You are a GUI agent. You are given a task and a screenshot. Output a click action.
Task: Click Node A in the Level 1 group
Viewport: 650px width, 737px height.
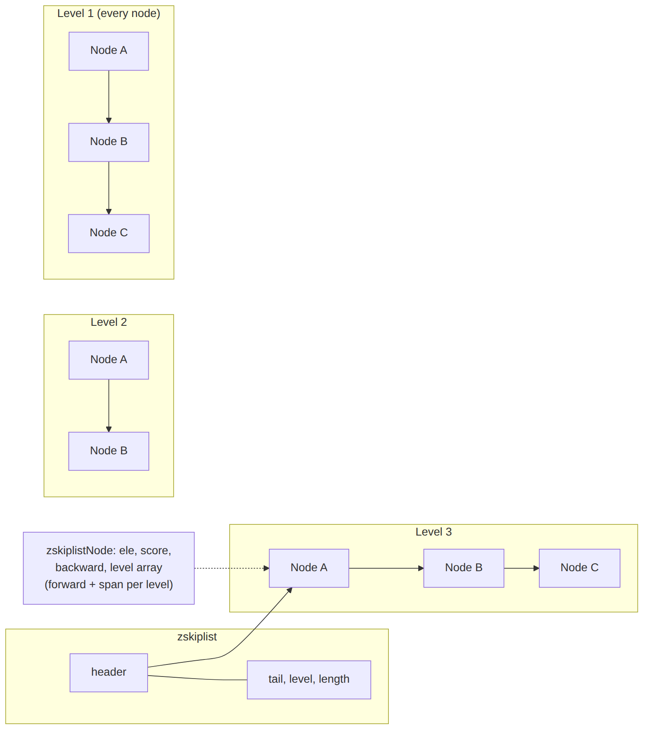tap(109, 51)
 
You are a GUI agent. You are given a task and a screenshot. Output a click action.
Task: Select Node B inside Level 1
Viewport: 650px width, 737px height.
tap(109, 142)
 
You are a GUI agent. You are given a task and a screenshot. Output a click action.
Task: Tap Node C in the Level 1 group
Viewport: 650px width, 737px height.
tap(109, 233)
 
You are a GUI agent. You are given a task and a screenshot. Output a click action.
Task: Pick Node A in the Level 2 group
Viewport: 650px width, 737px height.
tap(109, 360)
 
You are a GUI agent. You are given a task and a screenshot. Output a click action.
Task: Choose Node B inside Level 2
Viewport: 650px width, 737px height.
tap(109, 451)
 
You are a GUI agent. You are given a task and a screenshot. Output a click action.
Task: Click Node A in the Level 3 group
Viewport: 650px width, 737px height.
tap(309, 568)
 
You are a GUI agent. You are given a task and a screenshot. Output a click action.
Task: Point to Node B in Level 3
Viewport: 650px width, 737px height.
tap(463, 568)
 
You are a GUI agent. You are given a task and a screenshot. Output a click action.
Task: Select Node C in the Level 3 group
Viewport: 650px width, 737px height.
tap(580, 568)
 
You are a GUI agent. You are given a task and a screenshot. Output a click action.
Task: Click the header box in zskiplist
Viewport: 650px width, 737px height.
tap(109, 672)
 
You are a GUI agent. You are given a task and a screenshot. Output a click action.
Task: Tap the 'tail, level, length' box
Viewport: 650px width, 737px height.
tap(309, 679)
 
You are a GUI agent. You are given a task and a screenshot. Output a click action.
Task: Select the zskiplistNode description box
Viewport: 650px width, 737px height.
tap(109, 568)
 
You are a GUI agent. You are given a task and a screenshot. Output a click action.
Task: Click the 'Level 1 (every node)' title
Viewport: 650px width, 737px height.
tap(109, 14)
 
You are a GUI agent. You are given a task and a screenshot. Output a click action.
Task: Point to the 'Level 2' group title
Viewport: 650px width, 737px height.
tap(109, 322)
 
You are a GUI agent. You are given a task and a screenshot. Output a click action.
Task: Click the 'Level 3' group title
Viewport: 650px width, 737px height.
tap(434, 532)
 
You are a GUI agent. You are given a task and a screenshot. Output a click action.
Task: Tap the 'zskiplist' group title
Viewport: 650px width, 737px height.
tap(197, 637)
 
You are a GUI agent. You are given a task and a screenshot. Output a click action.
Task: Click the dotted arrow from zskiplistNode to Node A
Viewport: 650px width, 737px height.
tap(232, 568)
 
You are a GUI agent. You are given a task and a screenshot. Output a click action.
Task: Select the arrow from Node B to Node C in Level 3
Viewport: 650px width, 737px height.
tap(521, 568)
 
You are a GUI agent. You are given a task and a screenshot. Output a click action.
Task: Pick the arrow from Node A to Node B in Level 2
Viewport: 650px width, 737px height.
tap(109, 405)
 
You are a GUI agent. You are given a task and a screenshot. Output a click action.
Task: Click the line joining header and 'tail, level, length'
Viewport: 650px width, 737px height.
tap(197, 679)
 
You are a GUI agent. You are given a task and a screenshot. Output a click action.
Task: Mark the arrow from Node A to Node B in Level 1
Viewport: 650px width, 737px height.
tap(109, 97)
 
